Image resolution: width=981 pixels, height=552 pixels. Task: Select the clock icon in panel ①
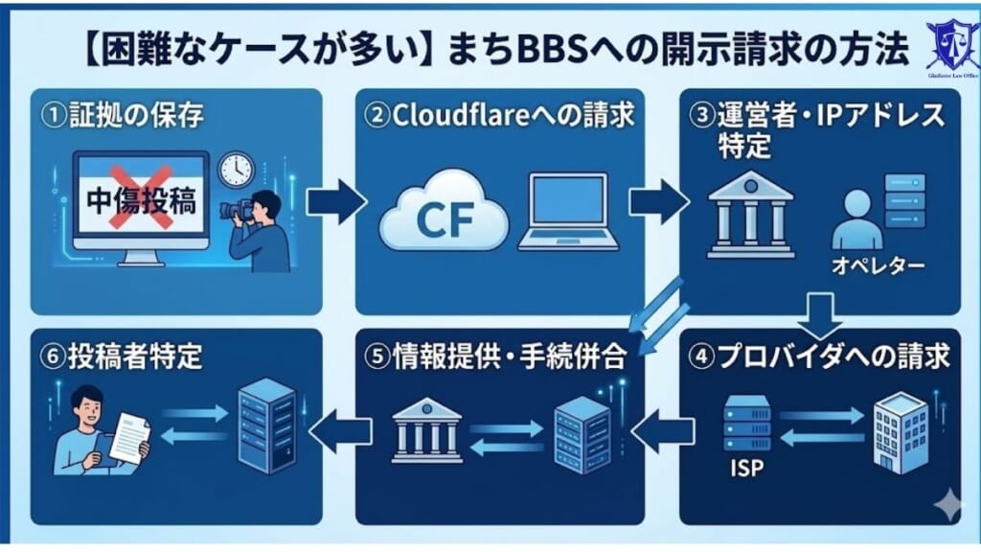(234, 171)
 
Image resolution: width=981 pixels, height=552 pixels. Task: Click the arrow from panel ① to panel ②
(335, 202)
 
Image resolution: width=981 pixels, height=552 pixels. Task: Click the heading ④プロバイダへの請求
(821, 356)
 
